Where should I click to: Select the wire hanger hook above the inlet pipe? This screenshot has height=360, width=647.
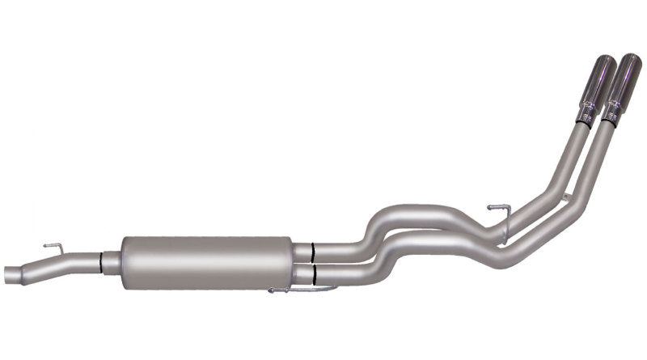click(53, 245)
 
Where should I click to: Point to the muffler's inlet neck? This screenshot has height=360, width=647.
click(113, 259)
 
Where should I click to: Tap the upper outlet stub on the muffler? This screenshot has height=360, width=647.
click(303, 251)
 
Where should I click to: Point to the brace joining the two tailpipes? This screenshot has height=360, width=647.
click(565, 198)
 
